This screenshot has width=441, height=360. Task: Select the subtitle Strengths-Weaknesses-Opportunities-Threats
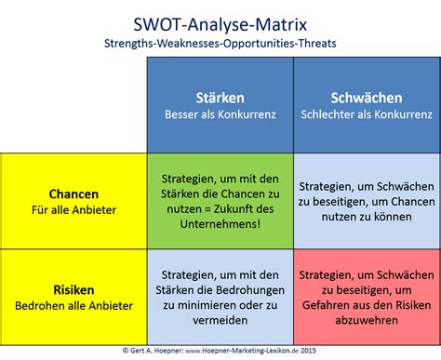pyautogui.click(x=220, y=42)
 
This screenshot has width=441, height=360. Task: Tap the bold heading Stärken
pyautogui.click(x=220, y=99)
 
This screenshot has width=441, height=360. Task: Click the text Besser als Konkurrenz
pyautogui.click(x=220, y=116)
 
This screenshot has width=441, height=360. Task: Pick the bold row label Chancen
pyautogui.click(x=73, y=193)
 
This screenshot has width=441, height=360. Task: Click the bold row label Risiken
pyautogui.click(x=73, y=289)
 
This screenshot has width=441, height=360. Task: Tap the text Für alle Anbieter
pyautogui.click(x=73, y=210)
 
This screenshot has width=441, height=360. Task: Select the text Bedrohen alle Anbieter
pyautogui.click(x=73, y=306)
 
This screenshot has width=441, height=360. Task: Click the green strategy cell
pyautogui.click(x=220, y=201)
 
